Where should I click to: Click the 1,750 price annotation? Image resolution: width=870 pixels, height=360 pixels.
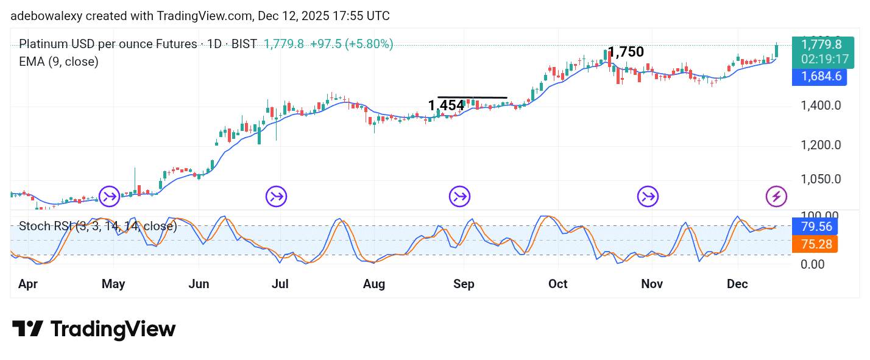pyautogui.click(x=626, y=52)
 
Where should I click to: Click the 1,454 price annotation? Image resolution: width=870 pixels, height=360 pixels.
pyautogui.click(x=446, y=106)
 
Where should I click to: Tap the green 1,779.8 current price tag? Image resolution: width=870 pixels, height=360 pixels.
pyautogui.click(x=822, y=44)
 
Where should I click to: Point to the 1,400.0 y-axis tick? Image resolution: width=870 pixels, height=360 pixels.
pyautogui.click(x=821, y=106)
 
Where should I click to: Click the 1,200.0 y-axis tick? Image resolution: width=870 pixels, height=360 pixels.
pyautogui.click(x=821, y=145)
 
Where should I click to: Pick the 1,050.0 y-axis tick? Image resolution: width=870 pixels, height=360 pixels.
pyautogui.click(x=821, y=179)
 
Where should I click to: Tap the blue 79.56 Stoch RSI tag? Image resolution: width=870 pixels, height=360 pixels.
pyautogui.click(x=815, y=227)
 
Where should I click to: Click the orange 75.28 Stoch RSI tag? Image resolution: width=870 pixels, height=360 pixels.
pyautogui.click(x=815, y=244)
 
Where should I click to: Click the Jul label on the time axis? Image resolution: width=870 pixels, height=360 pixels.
pyautogui.click(x=280, y=284)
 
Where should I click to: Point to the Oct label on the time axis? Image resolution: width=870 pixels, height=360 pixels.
pyautogui.click(x=557, y=284)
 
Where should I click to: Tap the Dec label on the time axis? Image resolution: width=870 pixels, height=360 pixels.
pyautogui.click(x=737, y=284)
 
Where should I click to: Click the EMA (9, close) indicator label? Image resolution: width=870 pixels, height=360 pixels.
pyautogui.click(x=58, y=62)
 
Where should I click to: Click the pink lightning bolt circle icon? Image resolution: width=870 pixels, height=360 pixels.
pyautogui.click(x=776, y=196)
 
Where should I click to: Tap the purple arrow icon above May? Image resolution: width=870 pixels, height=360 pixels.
pyautogui.click(x=110, y=196)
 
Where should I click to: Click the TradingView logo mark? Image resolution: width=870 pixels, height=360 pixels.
pyautogui.click(x=27, y=330)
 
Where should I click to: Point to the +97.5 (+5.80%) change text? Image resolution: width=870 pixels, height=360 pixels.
pyautogui.click(x=352, y=44)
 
